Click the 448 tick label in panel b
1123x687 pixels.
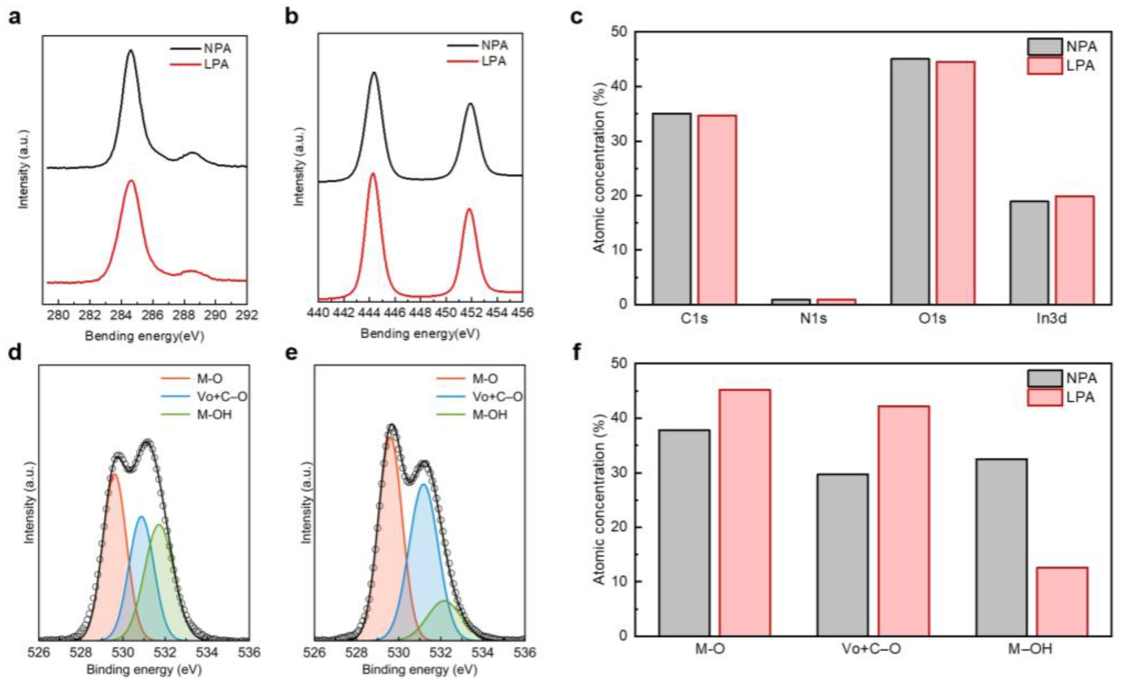420,313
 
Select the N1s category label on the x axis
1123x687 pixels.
814,318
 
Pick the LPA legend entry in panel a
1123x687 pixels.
216,64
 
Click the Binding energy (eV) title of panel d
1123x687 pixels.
144,670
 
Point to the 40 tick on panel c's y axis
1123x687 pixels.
620,86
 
